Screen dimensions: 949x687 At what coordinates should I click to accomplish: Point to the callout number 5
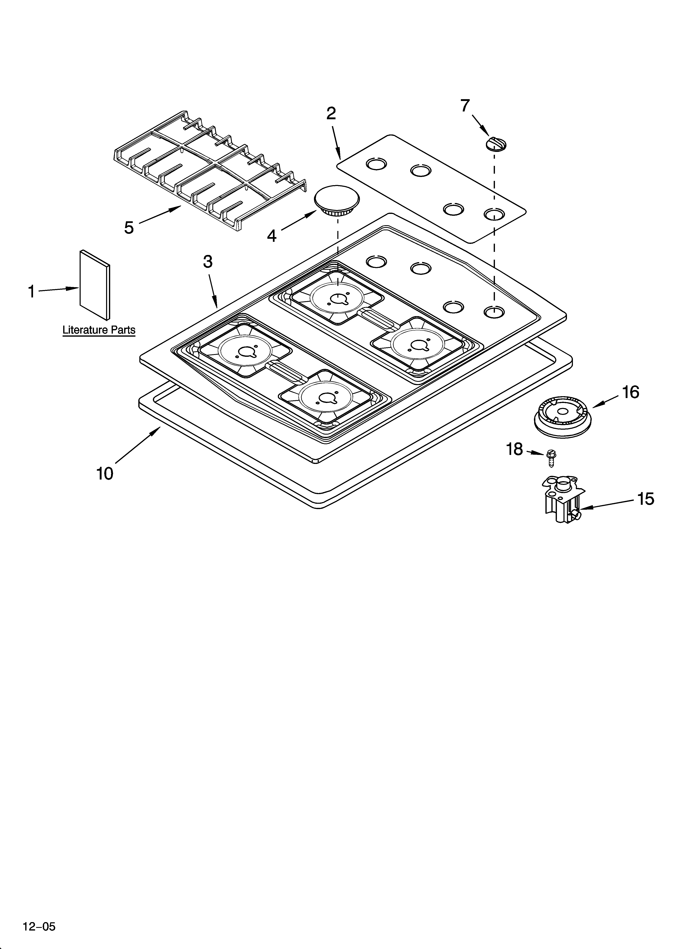(129, 228)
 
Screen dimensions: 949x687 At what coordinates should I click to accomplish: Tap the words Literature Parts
(99, 330)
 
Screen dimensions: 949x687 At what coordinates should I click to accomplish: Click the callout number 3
(208, 262)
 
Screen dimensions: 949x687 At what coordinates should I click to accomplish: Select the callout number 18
(515, 449)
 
